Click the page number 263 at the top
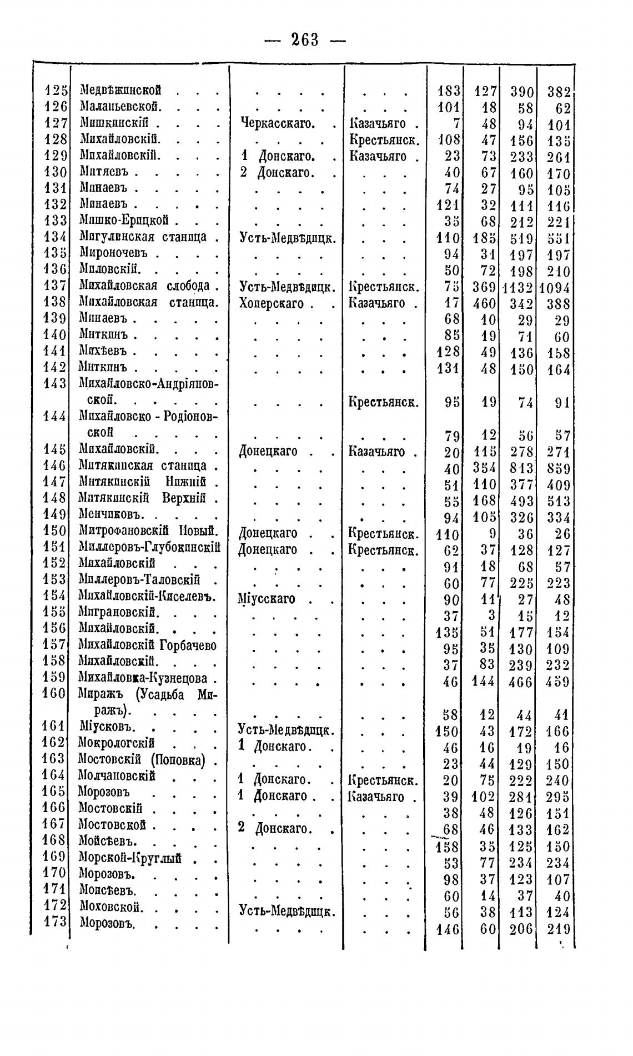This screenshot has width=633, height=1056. click(x=305, y=40)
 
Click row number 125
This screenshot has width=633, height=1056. click(x=56, y=89)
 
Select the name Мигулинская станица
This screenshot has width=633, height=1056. click(x=143, y=237)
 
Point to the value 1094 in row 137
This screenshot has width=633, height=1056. click(x=555, y=288)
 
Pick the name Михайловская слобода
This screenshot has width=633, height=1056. click(x=144, y=286)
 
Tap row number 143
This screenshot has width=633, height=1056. click(x=56, y=383)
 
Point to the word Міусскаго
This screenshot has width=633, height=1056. click(x=266, y=599)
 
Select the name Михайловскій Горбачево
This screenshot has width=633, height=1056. click(x=147, y=645)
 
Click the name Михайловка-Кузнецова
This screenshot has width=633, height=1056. click(x=143, y=678)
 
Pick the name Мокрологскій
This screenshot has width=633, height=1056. click(x=116, y=743)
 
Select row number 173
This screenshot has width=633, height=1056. click(x=56, y=921)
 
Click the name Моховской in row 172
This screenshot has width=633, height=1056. click(x=112, y=908)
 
